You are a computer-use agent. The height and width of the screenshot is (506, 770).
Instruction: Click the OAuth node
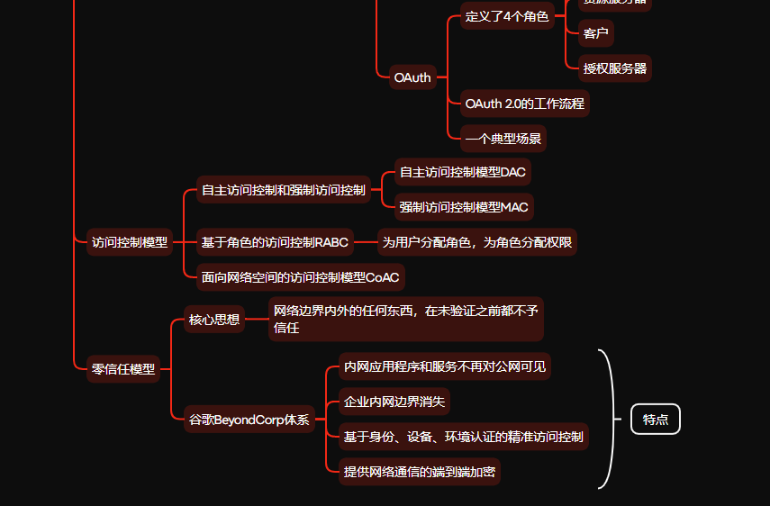coord(412,77)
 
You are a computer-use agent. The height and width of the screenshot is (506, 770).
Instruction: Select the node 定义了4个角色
coord(507,17)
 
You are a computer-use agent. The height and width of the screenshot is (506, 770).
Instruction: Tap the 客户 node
coord(595,34)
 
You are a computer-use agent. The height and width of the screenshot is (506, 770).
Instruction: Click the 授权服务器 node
coord(615,68)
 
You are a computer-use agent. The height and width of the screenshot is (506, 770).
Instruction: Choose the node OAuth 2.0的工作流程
coord(525,104)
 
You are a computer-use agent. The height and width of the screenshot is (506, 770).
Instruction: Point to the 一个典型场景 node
coord(503,139)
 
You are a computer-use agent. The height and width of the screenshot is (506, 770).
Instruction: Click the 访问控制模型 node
coord(130,242)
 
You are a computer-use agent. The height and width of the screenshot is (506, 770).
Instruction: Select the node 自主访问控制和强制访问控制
coord(284,190)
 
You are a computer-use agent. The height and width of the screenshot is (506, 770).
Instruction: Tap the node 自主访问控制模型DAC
coord(462,172)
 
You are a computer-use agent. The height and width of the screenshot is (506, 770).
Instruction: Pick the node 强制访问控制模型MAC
coord(464,207)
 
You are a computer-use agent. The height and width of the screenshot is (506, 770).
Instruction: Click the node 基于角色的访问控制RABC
coord(275,242)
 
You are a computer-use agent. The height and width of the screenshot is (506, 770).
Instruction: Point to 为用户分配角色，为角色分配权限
coord(477,242)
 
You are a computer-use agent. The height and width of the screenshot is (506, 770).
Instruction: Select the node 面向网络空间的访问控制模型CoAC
coord(300,277)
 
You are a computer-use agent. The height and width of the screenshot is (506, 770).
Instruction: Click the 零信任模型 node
coord(123,368)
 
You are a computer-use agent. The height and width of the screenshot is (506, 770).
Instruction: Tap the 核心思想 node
coord(214,320)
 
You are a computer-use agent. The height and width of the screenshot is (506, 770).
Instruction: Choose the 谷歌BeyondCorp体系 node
coord(249,420)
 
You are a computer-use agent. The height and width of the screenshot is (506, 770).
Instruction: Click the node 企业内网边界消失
coord(394,402)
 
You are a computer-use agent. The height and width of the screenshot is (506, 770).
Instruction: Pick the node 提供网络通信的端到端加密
coord(419,472)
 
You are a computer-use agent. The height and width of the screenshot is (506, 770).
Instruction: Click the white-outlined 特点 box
coord(656,420)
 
